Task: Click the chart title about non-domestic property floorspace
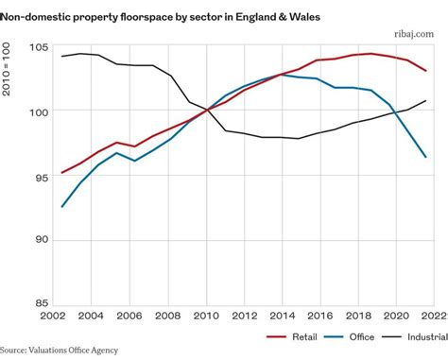163,16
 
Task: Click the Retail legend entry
294,336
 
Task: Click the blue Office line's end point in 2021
426,157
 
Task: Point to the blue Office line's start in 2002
61,206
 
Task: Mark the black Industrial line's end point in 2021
426,101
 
